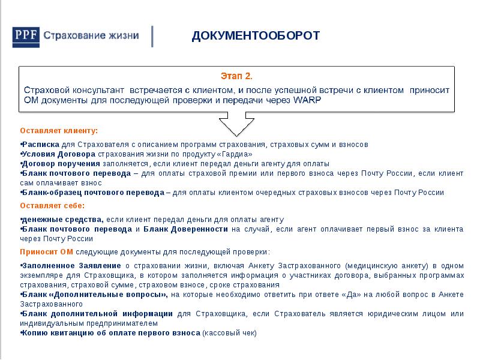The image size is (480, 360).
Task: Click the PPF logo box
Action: point(27,37)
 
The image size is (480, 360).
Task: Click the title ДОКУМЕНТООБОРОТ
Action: point(256,36)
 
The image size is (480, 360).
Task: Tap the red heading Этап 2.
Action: point(236,76)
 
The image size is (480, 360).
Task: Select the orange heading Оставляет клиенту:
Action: point(59,130)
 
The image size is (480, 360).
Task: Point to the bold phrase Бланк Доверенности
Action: point(185,229)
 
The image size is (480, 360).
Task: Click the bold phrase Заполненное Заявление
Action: point(71,265)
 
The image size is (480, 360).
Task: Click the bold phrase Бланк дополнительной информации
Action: point(97,314)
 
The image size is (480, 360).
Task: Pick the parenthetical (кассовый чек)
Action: point(229,333)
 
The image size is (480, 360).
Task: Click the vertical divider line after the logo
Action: point(153,37)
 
